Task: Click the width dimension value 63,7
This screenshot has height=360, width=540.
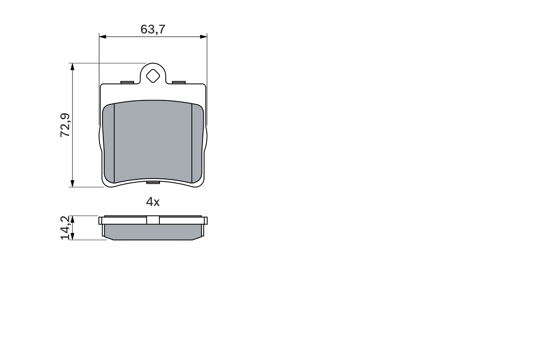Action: tap(153, 29)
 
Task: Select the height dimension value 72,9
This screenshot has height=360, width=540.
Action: tap(65, 125)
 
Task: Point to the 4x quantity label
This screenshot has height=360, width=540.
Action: tap(153, 202)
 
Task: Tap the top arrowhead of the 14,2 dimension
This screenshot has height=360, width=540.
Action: tap(73, 219)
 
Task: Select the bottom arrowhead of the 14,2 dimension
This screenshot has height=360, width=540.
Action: tap(73, 237)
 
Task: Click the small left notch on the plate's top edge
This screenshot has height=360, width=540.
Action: tap(127, 82)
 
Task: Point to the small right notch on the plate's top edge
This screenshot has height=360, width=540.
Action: tap(179, 82)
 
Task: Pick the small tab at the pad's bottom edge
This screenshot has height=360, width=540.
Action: tap(153, 182)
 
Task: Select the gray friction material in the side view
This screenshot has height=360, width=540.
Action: tap(153, 232)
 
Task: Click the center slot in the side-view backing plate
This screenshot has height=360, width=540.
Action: tap(153, 220)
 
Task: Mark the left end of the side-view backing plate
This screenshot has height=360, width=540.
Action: tap(101, 221)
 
